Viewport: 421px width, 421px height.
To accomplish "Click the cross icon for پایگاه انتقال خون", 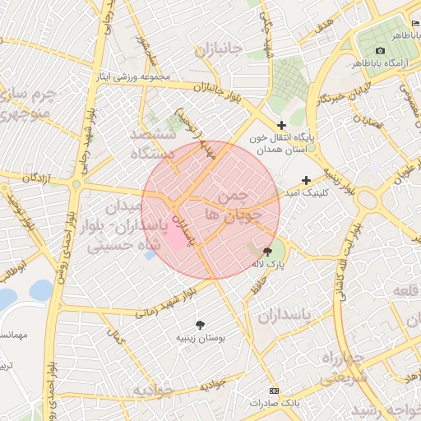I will (x=281, y=125).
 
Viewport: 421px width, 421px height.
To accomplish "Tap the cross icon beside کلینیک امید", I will (x=306, y=180).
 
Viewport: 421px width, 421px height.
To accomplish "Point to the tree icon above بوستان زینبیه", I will (x=200, y=325).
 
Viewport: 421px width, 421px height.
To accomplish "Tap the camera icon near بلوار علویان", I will (x=381, y=189).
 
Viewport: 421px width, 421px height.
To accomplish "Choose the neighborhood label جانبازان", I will (x=219, y=52).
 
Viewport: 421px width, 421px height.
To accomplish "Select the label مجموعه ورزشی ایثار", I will (x=134, y=77).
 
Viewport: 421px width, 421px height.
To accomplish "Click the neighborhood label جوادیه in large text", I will (x=153, y=391).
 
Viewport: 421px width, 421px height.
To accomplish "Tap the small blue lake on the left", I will (x=39, y=290).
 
